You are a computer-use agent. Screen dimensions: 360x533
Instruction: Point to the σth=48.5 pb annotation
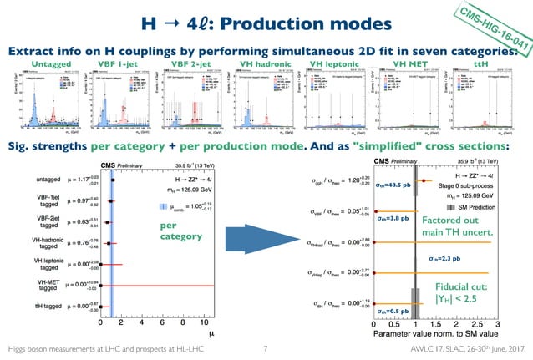394,185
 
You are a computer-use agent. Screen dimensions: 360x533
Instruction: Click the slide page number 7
264,347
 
